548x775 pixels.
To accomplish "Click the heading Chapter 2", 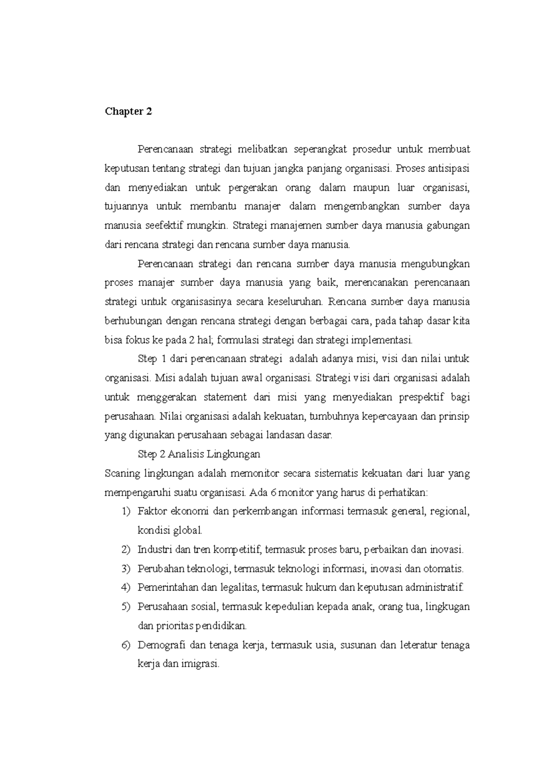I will pos(128,112).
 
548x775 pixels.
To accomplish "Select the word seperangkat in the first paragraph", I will pos(321,149).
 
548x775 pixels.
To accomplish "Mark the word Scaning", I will pos(122,473).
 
